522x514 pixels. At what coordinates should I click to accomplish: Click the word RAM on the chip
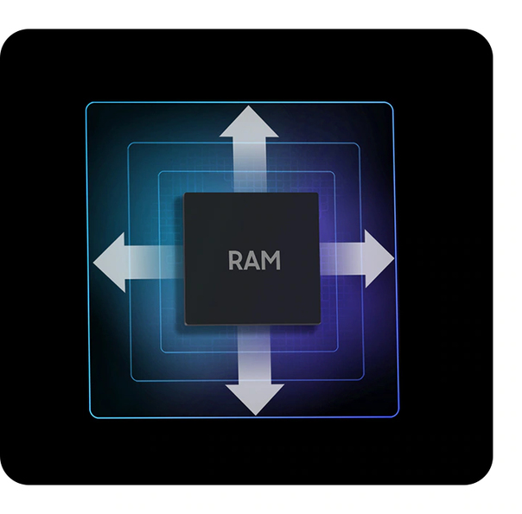[x=255, y=260]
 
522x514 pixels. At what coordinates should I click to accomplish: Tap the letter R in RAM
[x=237, y=260]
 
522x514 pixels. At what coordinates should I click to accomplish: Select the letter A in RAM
[x=253, y=260]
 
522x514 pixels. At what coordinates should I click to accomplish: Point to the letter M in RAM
[x=271, y=260]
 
